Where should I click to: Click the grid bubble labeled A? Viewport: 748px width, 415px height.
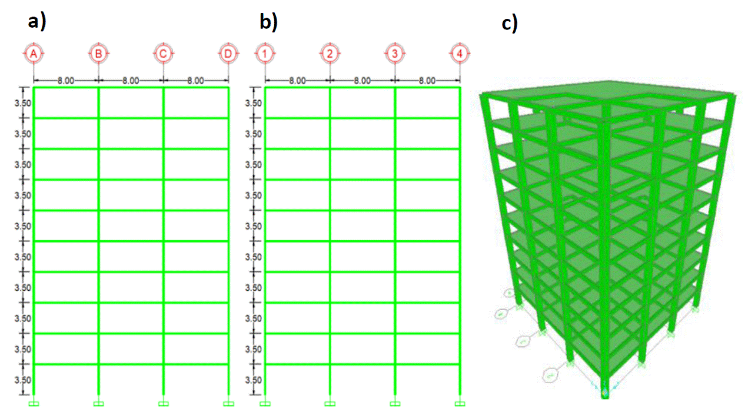34,54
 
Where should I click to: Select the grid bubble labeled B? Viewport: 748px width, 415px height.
99,54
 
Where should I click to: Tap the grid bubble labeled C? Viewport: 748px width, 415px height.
164,54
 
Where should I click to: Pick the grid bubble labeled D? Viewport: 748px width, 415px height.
228,54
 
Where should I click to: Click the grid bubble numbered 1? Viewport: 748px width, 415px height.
265,54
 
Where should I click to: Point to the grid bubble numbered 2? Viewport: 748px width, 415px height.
330,54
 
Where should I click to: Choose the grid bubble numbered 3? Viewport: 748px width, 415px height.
395,54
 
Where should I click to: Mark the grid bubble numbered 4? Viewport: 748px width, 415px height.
460,54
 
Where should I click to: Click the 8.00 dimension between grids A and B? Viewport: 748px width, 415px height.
66,81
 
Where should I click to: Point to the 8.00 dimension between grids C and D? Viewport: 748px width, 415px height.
196,81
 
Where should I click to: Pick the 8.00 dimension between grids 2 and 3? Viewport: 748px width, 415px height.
363,81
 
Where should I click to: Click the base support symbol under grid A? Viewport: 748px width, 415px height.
34,403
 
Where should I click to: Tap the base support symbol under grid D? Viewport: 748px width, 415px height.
228,403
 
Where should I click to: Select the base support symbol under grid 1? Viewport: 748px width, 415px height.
265,403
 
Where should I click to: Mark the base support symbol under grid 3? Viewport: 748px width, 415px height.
395,403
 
